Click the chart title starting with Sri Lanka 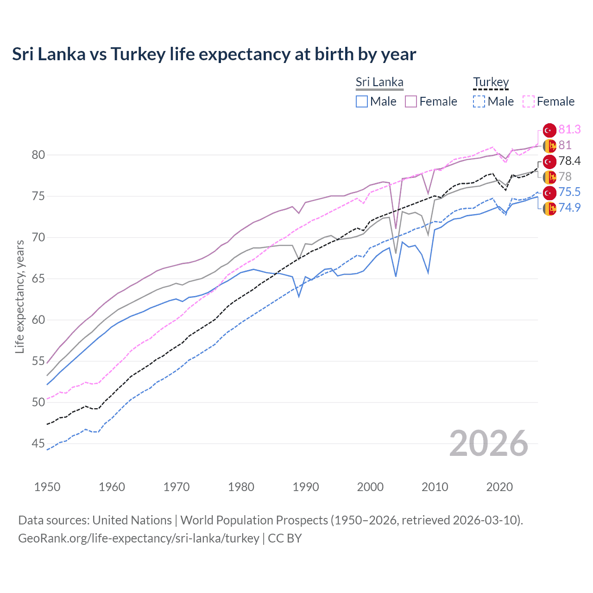point(214,54)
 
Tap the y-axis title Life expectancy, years point(19,296)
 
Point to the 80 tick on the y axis point(38,155)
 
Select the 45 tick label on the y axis point(38,443)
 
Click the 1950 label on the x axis point(47,487)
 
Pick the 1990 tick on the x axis point(306,487)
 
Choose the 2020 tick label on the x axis point(499,487)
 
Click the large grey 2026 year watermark point(489,443)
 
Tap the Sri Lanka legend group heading point(379,82)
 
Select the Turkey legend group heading point(491,82)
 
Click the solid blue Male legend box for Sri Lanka point(362,101)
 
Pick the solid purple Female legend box point(411,101)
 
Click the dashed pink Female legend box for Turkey point(529,101)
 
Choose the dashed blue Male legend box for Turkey point(479,101)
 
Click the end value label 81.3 point(569,129)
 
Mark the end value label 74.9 point(569,208)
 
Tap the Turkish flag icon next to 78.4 point(549,161)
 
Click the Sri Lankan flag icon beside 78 point(549,177)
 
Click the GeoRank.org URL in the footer point(139,538)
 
